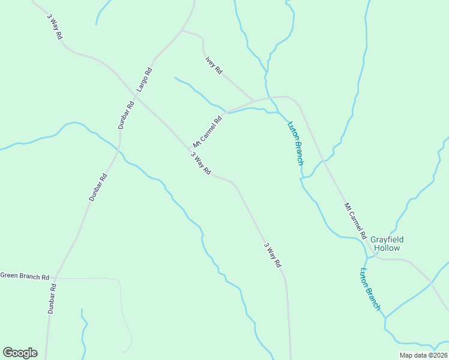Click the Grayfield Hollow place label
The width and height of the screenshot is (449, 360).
pos(387,244)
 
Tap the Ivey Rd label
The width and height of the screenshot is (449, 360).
pos(214,65)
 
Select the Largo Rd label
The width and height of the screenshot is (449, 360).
pos(144,79)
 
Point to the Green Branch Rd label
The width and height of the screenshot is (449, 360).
pos(25,277)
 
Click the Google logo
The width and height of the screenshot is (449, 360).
pos(20,353)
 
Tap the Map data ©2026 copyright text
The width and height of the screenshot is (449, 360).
pos(423,355)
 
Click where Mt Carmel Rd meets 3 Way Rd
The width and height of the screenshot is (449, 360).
pos(188,148)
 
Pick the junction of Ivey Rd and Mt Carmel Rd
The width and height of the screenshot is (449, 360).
pos(255,100)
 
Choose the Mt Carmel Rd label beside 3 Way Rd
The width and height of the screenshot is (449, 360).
pos(207,131)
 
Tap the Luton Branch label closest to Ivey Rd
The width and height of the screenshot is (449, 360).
pos(296,143)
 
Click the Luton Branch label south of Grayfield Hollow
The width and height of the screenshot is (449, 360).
pos(370,289)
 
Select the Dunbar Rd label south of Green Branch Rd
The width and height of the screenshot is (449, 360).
pos(52,299)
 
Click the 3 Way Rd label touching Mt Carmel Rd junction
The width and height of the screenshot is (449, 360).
pos(201,163)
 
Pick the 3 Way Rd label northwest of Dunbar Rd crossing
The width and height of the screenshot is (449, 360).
pos(55,26)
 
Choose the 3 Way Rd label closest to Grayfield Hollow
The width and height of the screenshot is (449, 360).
pos(272,254)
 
